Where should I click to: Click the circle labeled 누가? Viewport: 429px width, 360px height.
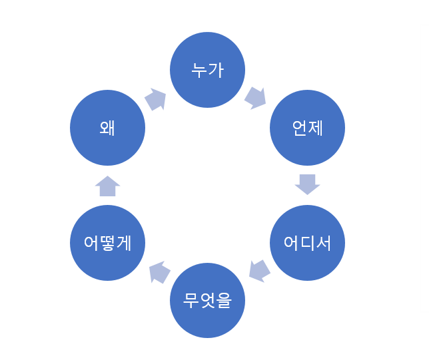tap(207, 69)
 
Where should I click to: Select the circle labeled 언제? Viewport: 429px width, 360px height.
tap(307, 128)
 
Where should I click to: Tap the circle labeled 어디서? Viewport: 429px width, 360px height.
tap(307, 243)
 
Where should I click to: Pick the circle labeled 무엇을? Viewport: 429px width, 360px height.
tap(207, 300)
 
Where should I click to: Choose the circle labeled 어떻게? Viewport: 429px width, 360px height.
tap(107, 243)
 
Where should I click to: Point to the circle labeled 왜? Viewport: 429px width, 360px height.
tap(107, 128)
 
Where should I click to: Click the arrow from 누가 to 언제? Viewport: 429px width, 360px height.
tap(255, 97)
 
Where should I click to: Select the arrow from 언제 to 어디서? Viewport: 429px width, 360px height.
tap(307, 184)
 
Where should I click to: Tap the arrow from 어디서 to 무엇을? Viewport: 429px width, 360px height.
tap(259, 270)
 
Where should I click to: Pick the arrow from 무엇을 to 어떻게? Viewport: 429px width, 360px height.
tap(159, 272)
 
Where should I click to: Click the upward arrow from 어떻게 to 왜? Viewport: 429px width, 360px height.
tap(107, 186)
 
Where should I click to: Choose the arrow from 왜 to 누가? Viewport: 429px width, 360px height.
tap(155, 99)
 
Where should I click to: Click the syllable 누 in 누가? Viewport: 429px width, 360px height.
tap(199, 70)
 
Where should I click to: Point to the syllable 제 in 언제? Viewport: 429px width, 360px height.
tap(315, 128)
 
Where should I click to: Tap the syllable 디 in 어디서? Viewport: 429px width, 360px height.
tap(307, 243)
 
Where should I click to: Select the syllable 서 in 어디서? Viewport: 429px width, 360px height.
tap(323, 243)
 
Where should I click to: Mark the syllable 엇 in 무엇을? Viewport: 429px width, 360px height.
tap(207, 301)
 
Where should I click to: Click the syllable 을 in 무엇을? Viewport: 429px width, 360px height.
tap(223, 301)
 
